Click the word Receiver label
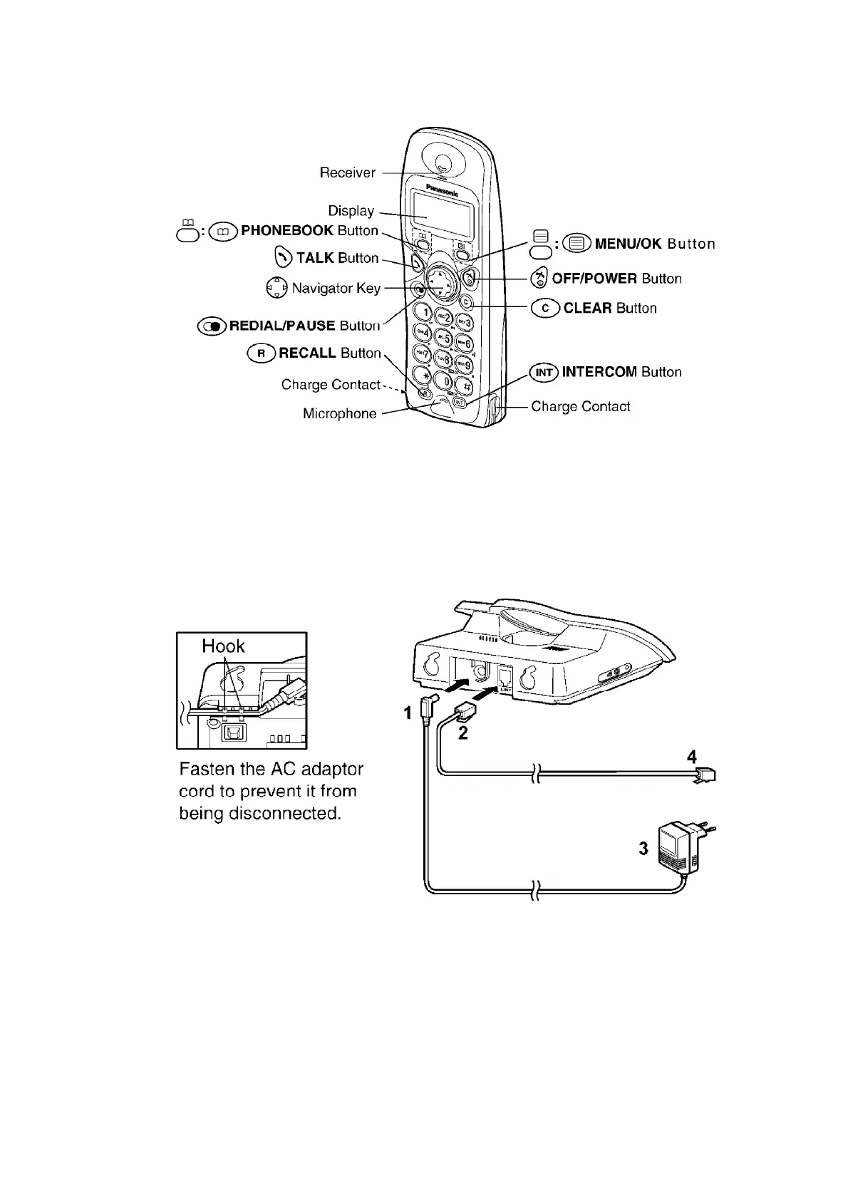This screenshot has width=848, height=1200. coord(347,173)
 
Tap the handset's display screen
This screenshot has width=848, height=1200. coord(441,214)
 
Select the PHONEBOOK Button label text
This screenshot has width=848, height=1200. coord(309,231)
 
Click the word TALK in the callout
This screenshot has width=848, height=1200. coord(315,258)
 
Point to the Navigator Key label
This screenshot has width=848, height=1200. coord(336,289)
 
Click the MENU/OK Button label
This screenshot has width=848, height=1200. coord(654,244)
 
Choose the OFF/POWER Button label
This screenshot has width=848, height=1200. coord(616,279)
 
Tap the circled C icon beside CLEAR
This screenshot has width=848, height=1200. coord(545,309)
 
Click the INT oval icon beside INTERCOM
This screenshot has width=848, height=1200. coord(544,372)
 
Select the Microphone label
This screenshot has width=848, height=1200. coord(339,414)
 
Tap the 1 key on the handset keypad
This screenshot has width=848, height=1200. coord(425,311)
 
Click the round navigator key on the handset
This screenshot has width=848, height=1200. coord(440,281)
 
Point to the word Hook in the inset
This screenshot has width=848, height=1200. coord(223,646)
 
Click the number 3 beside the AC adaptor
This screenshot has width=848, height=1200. coord(643,848)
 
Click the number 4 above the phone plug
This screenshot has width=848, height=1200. coord(691,757)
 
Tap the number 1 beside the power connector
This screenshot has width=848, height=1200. coord(408,713)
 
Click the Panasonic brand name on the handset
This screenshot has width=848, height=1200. coord(442,189)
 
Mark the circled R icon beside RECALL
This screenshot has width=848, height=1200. coord(261,353)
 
